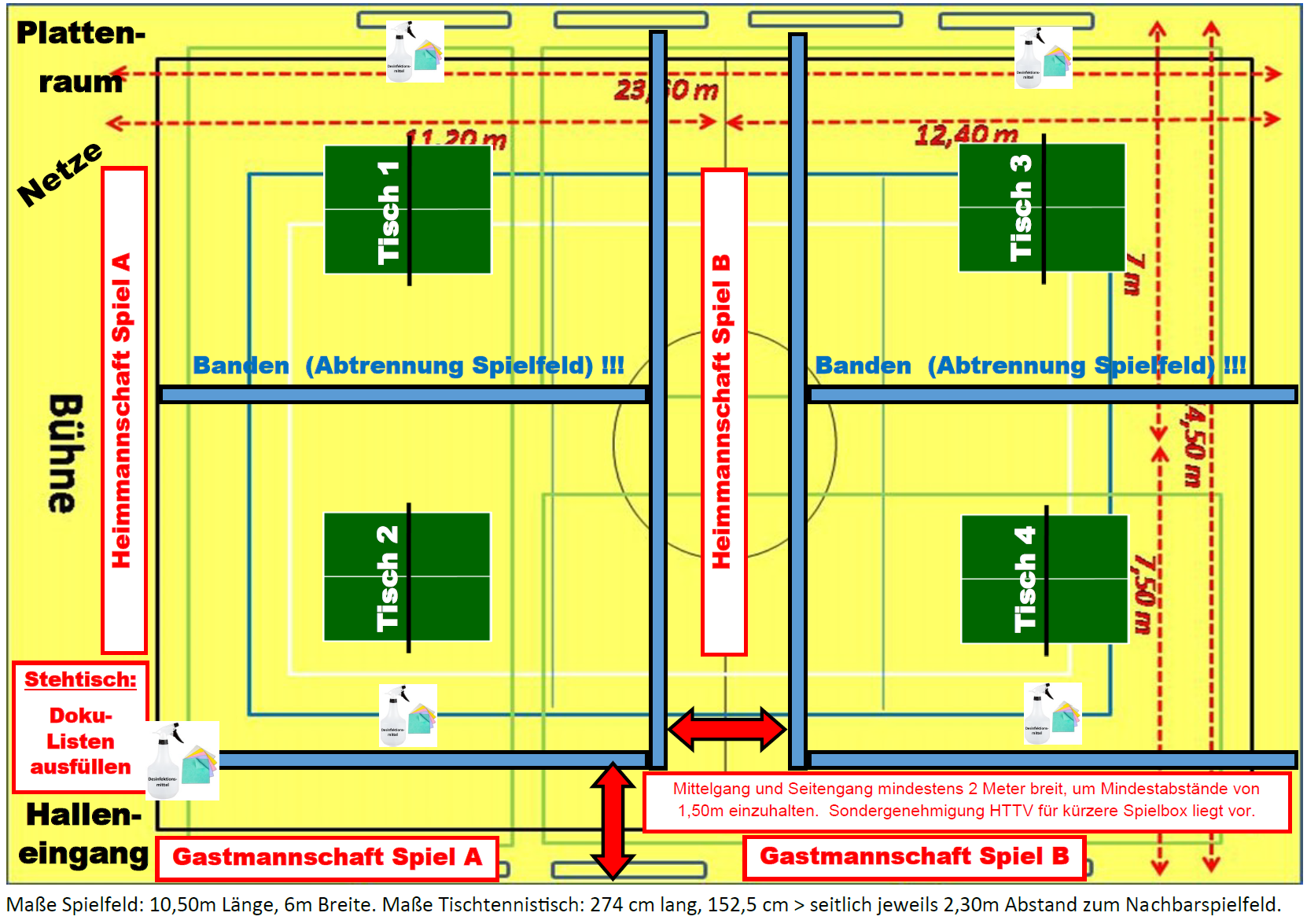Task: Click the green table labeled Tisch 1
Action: [x=408, y=209]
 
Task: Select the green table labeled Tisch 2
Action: [x=407, y=576]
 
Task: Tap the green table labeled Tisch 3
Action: [x=1042, y=208]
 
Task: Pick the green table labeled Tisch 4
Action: [x=1045, y=580]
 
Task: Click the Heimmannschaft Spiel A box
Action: [x=123, y=410]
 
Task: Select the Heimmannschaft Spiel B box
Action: [x=723, y=411]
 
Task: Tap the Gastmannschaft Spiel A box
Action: [x=327, y=857]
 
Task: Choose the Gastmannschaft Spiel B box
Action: [x=914, y=856]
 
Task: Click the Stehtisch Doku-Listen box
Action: [x=80, y=727]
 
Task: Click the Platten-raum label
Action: [x=80, y=57]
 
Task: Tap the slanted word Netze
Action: [x=60, y=174]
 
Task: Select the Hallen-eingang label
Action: [x=83, y=834]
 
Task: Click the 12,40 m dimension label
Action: [x=966, y=134]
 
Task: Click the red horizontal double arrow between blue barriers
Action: [x=727, y=729]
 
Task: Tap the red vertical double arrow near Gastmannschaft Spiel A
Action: [x=613, y=820]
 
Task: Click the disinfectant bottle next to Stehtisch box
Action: [x=182, y=760]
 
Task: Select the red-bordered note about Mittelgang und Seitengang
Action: [x=966, y=800]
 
